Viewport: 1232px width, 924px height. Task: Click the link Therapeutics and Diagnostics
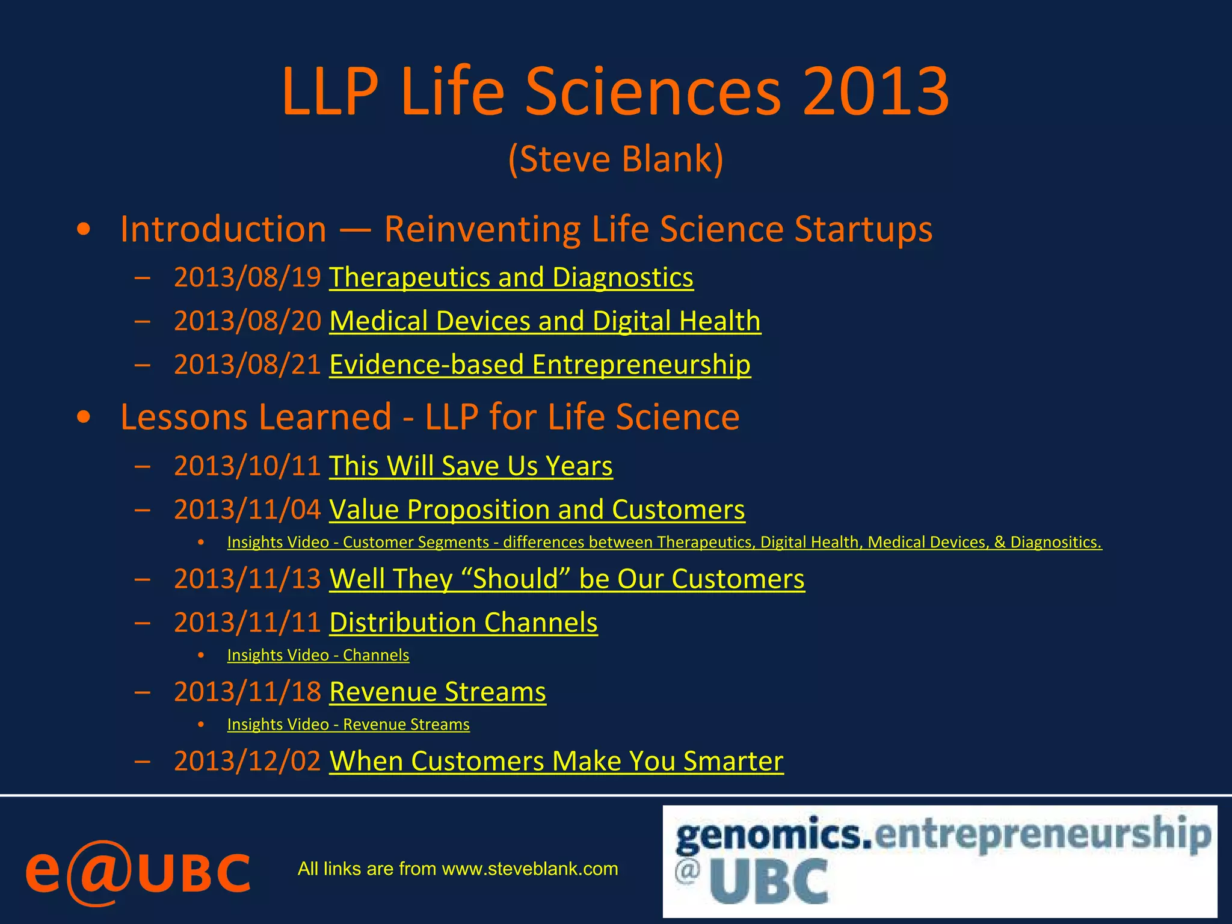click(x=511, y=278)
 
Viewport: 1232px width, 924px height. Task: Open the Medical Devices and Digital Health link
click(x=545, y=321)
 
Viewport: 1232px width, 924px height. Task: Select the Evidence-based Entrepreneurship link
click(x=540, y=365)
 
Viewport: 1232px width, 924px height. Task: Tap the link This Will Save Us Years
click(x=470, y=466)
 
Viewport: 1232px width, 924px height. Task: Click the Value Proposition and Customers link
click(x=537, y=510)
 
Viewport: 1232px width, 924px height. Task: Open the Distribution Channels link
click(x=463, y=623)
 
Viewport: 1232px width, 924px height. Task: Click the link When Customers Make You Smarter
click(x=556, y=762)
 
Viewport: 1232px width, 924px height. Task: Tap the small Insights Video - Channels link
click(x=318, y=655)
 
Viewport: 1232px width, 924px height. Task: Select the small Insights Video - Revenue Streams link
click(x=348, y=724)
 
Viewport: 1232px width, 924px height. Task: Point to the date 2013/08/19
click(x=247, y=278)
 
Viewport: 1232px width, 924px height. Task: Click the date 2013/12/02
click(x=247, y=762)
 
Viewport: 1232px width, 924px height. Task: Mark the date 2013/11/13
click(x=247, y=579)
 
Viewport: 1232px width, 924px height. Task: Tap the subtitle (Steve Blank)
click(x=615, y=159)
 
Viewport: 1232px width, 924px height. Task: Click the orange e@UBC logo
click(x=137, y=872)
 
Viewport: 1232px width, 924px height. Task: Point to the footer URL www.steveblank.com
click(x=529, y=869)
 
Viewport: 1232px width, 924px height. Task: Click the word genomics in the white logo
click(x=773, y=836)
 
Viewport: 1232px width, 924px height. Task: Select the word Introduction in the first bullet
click(x=223, y=229)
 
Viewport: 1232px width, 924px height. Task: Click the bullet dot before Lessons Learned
click(x=84, y=417)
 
